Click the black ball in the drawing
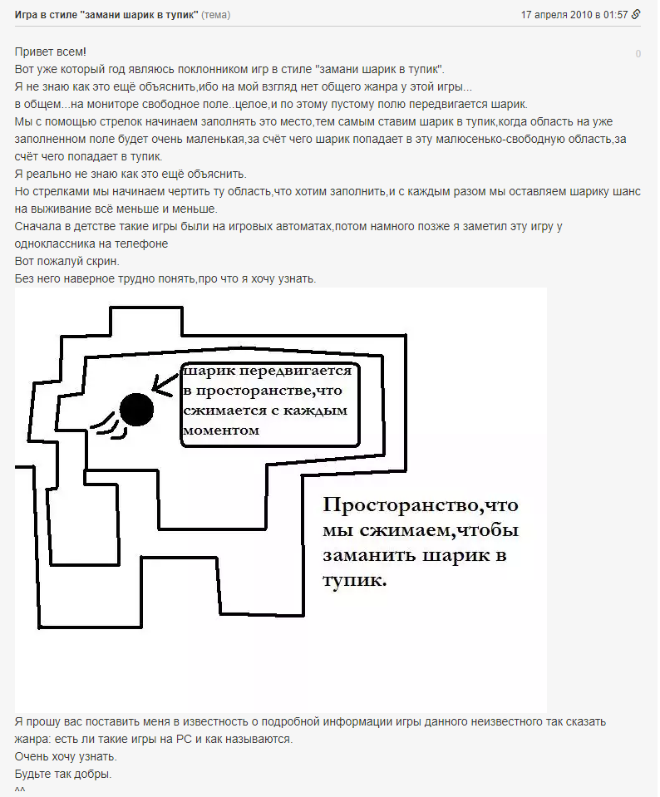pos(136,408)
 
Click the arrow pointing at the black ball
pos(165,382)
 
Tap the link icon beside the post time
pos(637,14)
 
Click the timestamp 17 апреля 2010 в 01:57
pos(574,14)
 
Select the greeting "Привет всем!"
pos(50,52)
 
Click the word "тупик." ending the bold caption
pos(355,580)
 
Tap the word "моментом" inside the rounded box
pos(221,430)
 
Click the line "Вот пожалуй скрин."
pos(66,261)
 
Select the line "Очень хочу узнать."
pos(66,757)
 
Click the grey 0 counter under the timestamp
pos(638,54)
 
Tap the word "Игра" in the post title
pos(27,14)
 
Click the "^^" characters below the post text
pos(21,790)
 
